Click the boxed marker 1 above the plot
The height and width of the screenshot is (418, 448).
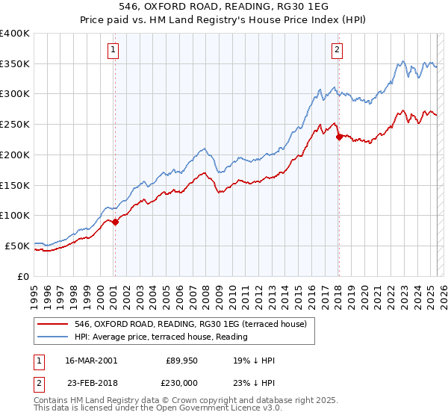click(x=113, y=50)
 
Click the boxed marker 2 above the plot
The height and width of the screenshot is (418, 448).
click(x=337, y=50)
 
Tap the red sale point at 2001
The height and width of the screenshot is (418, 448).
click(x=116, y=222)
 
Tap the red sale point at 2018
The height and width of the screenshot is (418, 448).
click(x=339, y=137)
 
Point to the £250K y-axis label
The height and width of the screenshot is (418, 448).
click(x=15, y=125)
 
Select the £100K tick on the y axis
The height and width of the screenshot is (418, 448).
click(x=15, y=215)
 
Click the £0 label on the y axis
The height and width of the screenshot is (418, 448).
click(x=24, y=275)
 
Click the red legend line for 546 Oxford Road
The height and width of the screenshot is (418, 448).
click(x=53, y=323)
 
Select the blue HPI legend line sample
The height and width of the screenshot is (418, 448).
click(x=53, y=337)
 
